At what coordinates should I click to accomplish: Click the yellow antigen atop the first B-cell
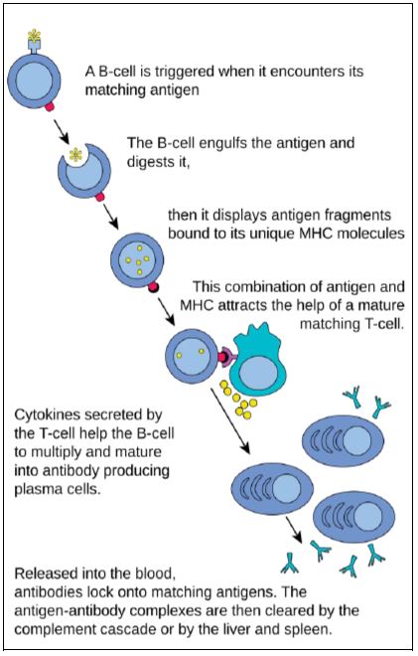click(x=34, y=35)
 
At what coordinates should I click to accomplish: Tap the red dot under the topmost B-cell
click(x=50, y=106)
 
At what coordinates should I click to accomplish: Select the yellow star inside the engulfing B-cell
click(x=75, y=155)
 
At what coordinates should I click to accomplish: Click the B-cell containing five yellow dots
click(x=137, y=260)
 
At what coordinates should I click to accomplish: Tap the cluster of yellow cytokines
click(x=238, y=399)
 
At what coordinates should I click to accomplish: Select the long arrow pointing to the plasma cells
click(x=229, y=420)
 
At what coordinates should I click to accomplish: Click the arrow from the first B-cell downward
click(x=61, y=130)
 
